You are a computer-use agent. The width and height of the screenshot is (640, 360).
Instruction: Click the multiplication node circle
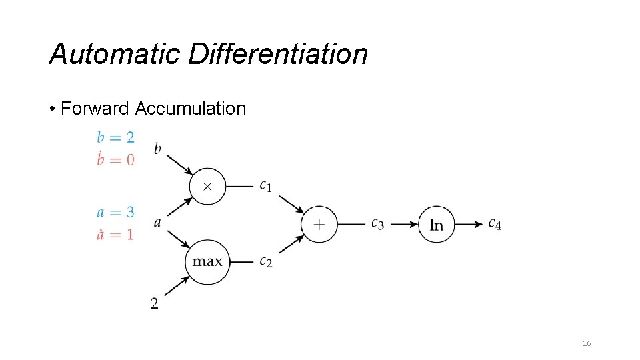pyautogui.click(x=207, y=186)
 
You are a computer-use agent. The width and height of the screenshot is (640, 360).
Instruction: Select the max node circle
pyautogui.click(x=207, y=261)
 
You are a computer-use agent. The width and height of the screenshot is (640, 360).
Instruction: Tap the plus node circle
pyautogui.click(x=319, y=224)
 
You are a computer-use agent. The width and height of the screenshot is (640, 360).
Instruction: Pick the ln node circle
pyautogui.click(x=437, y=225)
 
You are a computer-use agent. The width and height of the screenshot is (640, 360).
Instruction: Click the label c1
pyautogui.click(x=265, y=186)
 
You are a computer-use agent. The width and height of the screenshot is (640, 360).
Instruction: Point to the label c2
pyautogui.click(x=265, y=262)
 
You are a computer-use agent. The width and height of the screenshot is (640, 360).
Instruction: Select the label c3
pyautogui.click(x=377, y=225)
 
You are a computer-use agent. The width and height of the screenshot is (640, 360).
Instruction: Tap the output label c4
pyautogui.click(x=495, y=224)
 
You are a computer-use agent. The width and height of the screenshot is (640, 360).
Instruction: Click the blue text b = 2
pyautogui.click(x=115, y=137)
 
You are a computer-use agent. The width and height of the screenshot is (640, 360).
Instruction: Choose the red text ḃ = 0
pyautogui.click(x=115, y=159)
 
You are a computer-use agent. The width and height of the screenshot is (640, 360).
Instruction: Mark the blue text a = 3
pyautogui.click(x=115, y=213)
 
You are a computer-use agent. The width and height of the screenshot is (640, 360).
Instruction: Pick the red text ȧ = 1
pyautogui.click(x=115, y=234)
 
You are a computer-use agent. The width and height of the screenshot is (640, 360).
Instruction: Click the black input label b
pyautogui.click(x=157, y=148)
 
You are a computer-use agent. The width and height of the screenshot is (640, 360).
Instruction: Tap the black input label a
pyautogui.click(x=157, y=223)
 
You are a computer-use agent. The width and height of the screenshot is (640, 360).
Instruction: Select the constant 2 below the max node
pyautogui.click(x=155, y=304)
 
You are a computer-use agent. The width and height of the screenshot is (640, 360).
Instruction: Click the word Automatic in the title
pyautogui.click(x=114, y=54)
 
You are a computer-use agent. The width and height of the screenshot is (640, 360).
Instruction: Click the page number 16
pyautogui.click(x=587, y=343)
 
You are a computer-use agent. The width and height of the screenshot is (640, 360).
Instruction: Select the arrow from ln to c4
pyautogui.click(x=470, y=225)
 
